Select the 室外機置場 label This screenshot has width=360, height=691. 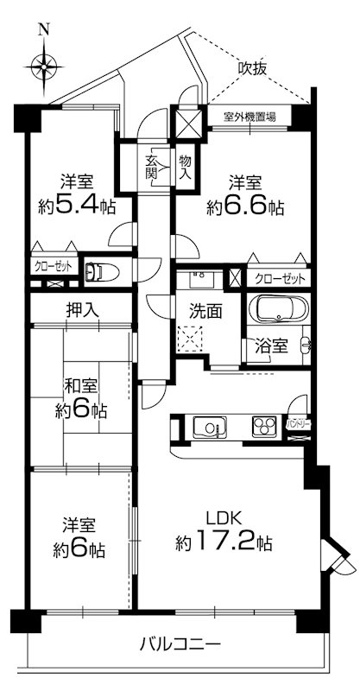(249, 117)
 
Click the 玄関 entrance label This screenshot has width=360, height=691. (152, 165)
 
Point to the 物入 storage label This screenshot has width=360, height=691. (185, 165)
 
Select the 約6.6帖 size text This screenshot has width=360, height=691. (245, 207)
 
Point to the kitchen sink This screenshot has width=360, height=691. (210, 427)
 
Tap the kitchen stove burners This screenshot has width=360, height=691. (264, 426)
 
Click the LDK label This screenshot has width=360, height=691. (224, 518)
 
